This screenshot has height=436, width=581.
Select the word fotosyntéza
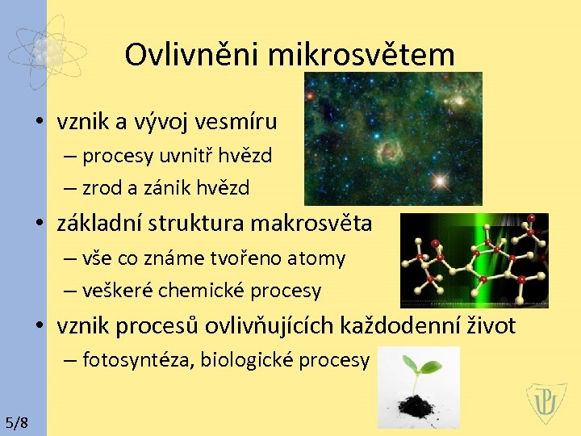(137, 359)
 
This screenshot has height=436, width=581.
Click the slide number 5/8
(16, 422)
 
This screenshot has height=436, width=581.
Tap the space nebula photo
(392, 138)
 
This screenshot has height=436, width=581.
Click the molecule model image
(474, 260)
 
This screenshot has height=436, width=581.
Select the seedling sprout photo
(418, 387)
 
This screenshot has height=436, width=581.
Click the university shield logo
(546, 403)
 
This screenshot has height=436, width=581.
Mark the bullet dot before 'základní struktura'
(40, 224)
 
